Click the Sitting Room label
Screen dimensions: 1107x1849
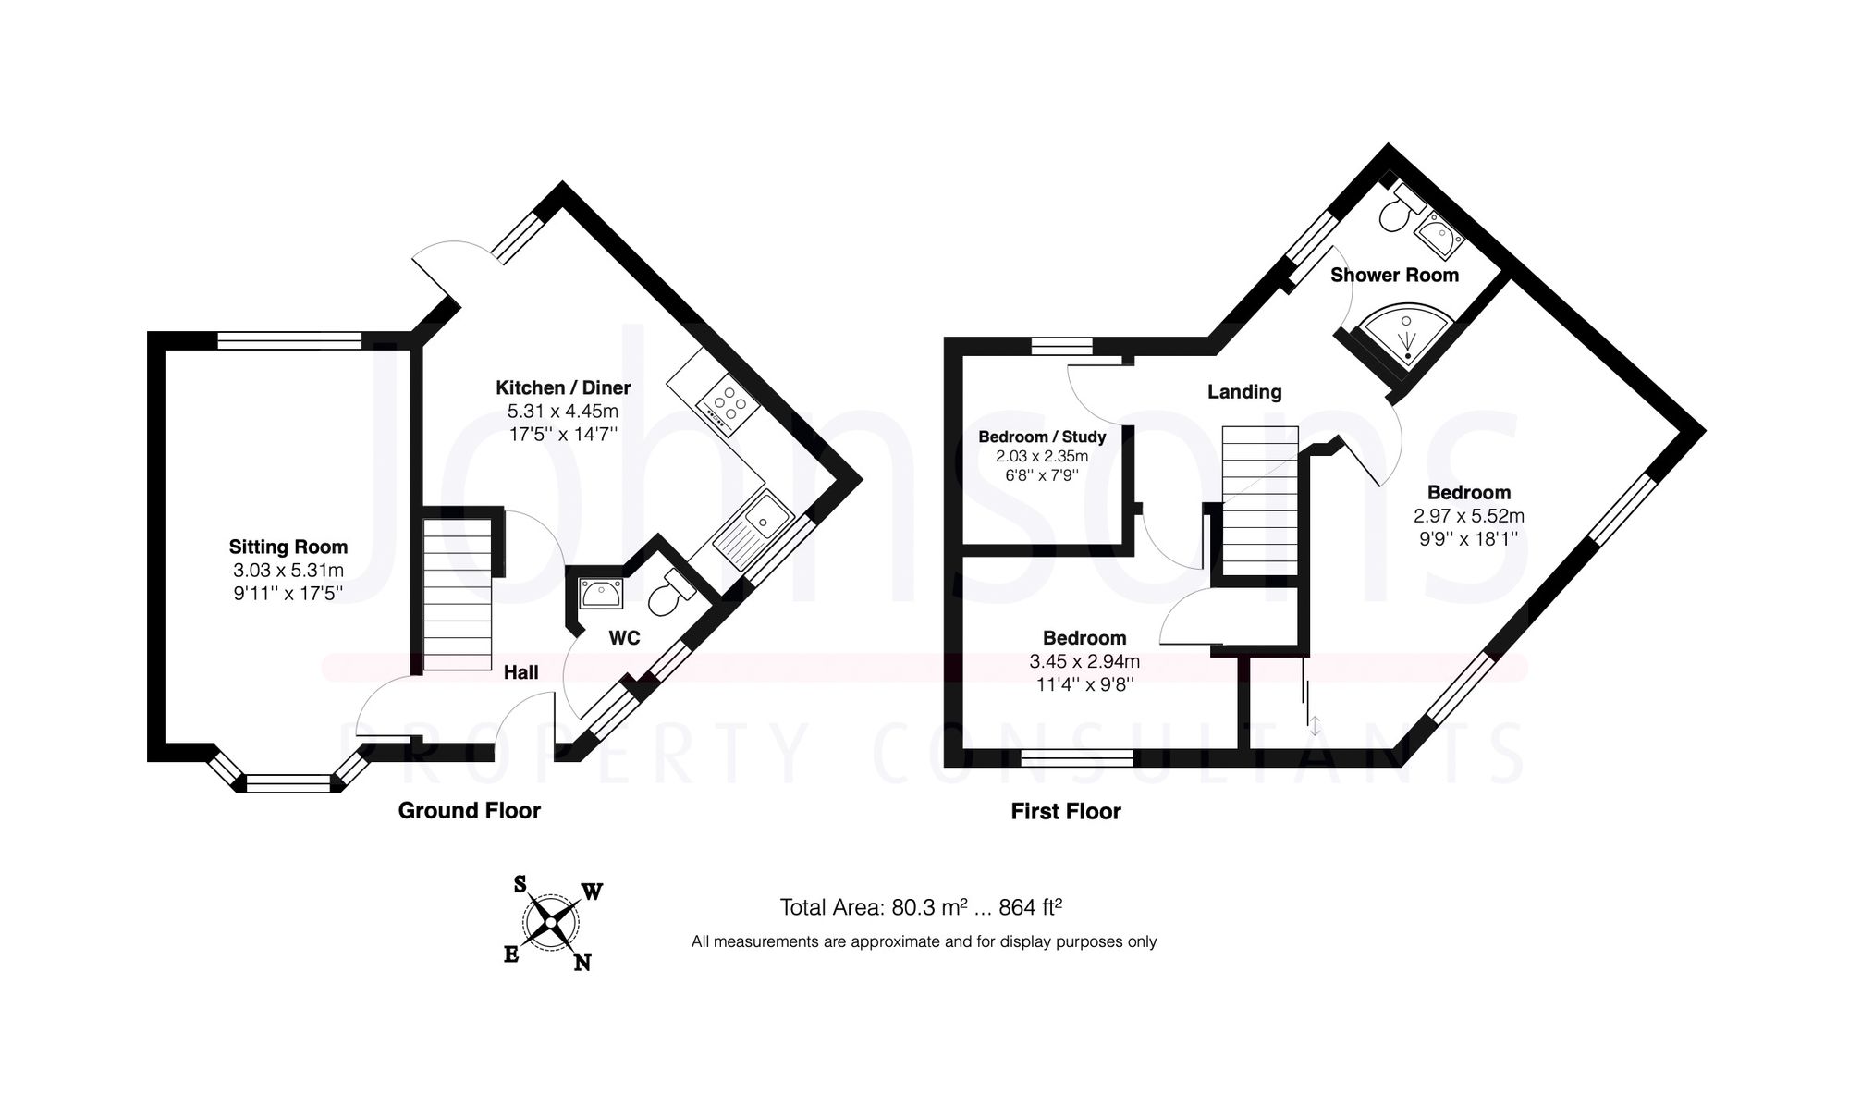(x=288, y=547)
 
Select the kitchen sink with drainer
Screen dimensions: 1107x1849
(x=753, y=529)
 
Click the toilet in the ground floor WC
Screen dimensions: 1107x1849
(x=670, y=594)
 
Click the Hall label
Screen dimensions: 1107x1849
(x=520, y=672)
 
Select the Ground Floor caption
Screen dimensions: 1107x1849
(x=469, y=811)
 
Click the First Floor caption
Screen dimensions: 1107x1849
(x=1065, y=812)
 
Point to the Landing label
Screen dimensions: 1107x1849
(x=1244, y=392)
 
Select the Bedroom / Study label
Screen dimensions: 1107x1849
(x=1042, y=437)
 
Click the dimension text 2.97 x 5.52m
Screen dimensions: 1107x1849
(x=1468, y=516)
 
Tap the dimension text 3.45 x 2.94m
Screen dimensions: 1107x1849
(x=1084, y=661)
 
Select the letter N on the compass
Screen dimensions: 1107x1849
(x=582, y=963)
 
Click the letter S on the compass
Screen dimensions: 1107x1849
(x=520, y=885)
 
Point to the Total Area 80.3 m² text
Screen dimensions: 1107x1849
(x=920, y=907)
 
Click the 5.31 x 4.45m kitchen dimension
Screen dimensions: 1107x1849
(x=562, y=412)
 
